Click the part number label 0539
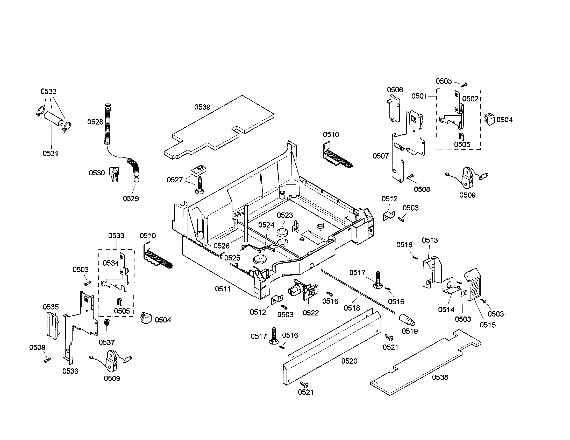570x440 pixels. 202,107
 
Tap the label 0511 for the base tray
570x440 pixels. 223,289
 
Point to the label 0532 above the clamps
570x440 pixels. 48,91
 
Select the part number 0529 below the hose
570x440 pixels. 131,198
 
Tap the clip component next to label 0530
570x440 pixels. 114,174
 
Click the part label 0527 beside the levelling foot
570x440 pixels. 174,180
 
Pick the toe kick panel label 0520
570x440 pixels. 349,361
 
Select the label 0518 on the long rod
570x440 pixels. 352,308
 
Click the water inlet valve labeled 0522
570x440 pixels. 303,291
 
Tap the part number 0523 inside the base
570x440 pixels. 284,215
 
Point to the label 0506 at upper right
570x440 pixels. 395,90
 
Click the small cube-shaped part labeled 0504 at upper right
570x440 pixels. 490,119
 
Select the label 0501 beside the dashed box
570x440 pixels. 419,96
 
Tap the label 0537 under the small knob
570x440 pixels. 106,342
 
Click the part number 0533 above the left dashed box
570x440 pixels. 116,236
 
